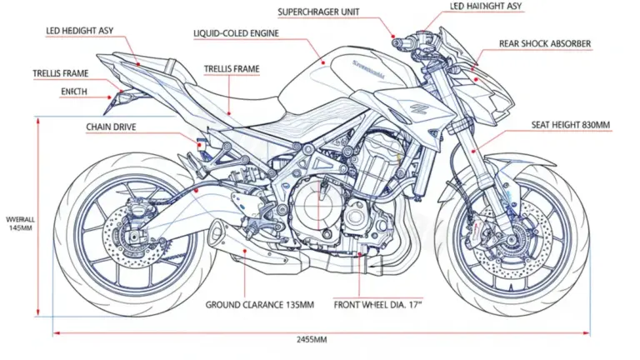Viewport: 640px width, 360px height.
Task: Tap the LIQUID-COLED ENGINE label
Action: pyautogui.click(x=236, y=34)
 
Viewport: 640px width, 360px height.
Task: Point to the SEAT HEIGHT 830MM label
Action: pyautogui.click(x=571, y=125)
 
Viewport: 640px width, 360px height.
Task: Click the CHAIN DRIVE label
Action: pyautogui.click(x=111, y=127)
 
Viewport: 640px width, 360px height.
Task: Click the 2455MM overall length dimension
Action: pyautogui.click(x=312, y=340)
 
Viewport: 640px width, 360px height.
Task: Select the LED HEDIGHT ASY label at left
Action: pyautogui.click(x=79, y=31)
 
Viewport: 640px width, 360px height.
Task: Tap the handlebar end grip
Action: pyautogui.click(x=398, y=40)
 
